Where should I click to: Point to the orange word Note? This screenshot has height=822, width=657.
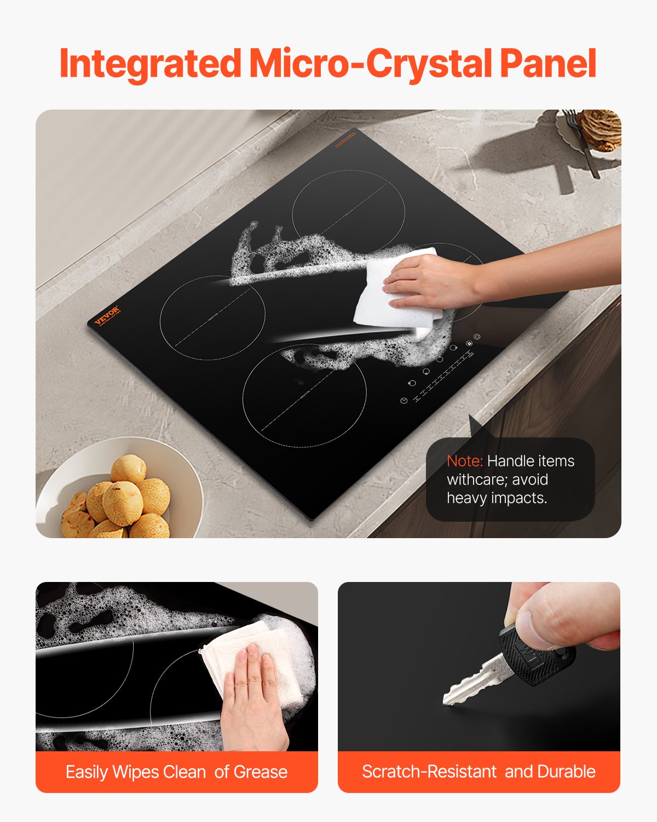pyautogui.click(x=464, y=461)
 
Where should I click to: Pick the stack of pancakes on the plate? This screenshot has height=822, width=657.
pyautogui.click(x=602, y=129)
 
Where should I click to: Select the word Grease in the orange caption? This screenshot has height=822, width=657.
pyautogui.click(x=260, y=772)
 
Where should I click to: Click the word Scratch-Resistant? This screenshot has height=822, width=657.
pyautogui.click(x=429, y=772)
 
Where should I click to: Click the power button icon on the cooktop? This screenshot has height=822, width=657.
pyautogui.click(x=477, y=337)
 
